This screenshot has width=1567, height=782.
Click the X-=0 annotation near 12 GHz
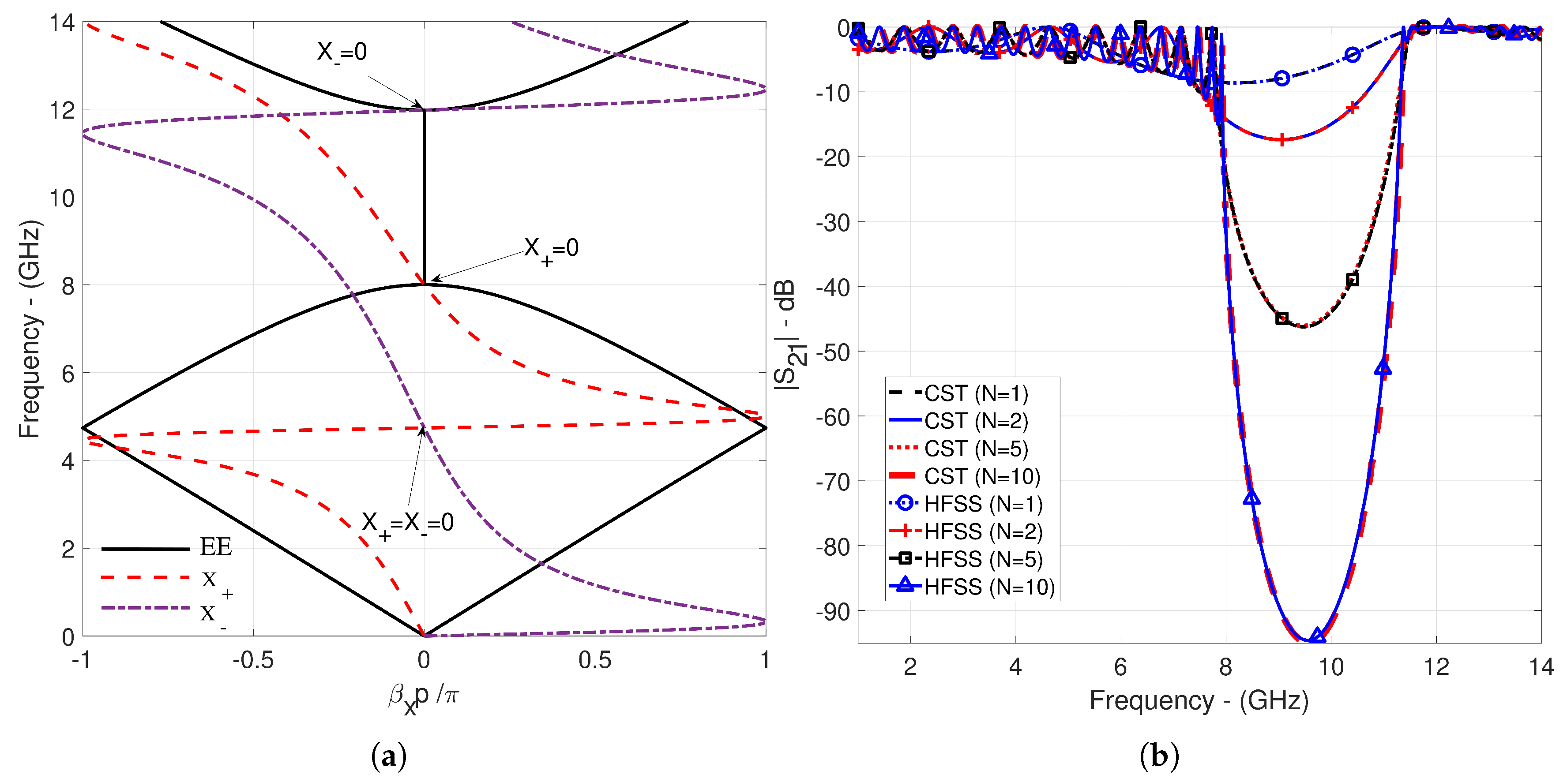(x=342, y=52)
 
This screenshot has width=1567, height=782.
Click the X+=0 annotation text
(x=551, y=249)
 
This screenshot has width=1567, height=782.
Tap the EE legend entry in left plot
(x=215, y=547)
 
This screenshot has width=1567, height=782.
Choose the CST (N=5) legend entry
(x=976, y=449)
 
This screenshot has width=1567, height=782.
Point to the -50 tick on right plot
(x=830, y=352)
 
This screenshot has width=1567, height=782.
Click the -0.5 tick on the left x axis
(x=252, y=660)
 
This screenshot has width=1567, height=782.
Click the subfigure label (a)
(x=388, y=756)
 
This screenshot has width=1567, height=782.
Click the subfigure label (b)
(x=1159, y=756)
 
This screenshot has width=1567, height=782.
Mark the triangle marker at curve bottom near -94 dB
(x=1316, y=636)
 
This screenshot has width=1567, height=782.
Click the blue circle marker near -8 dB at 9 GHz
(x=1281, y=79)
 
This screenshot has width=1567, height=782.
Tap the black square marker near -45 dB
(x=1281, y=318)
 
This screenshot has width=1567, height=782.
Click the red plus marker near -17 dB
(x=1281, y=140)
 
